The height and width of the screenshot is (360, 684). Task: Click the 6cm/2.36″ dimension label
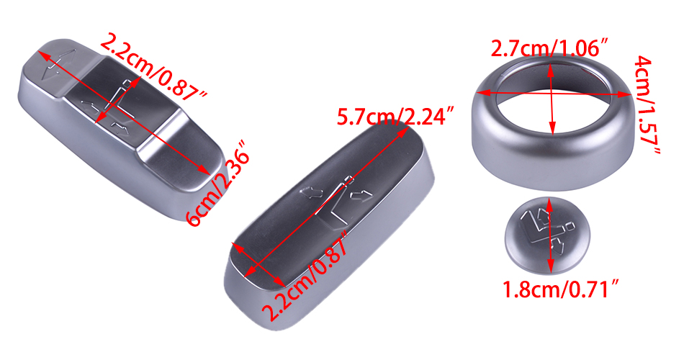coord(217,183)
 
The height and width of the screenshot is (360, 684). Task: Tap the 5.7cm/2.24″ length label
coord(396,117)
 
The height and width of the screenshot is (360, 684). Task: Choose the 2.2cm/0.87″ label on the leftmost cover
coord(153,68)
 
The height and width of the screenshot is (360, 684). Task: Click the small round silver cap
coord(547,235)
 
